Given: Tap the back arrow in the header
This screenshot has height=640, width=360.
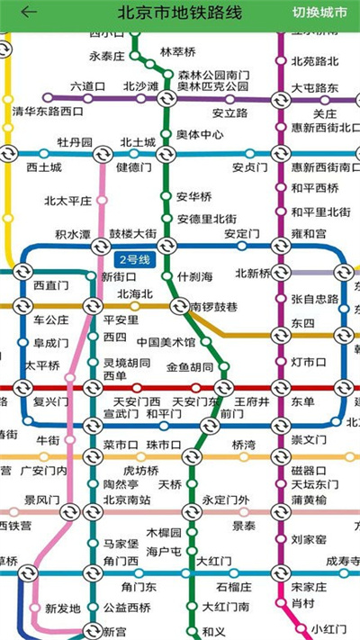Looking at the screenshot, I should [29, 13].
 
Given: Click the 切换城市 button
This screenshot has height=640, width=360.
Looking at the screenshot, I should [319, 13].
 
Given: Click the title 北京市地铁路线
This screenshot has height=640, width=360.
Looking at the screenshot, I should [180, 13].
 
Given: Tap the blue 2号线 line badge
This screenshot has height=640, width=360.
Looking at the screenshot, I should [141, 260].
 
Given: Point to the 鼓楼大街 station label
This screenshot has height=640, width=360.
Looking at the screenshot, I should [133, 234].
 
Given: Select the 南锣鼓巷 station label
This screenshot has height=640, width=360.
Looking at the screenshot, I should [213, 307].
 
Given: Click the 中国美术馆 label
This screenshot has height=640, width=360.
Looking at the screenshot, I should [166, 342].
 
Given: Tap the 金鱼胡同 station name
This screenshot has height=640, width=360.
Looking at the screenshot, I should [190, 367].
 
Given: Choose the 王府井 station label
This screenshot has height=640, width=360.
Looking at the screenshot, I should [252, 401].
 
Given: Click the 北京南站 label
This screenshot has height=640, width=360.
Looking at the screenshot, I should [126, 500].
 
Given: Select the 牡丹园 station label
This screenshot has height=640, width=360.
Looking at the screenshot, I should [75, 142].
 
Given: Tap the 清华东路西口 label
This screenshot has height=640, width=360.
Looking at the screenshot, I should [48, 112].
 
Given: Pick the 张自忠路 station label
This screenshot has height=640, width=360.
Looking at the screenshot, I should [315, 298].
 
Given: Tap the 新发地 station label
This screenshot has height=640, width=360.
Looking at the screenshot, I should [63, 608].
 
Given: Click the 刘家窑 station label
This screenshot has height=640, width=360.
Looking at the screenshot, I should [309, 539].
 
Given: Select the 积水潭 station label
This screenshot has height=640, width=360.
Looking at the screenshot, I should [73, 234].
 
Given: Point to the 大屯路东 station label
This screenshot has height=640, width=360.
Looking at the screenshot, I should [315, 88].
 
